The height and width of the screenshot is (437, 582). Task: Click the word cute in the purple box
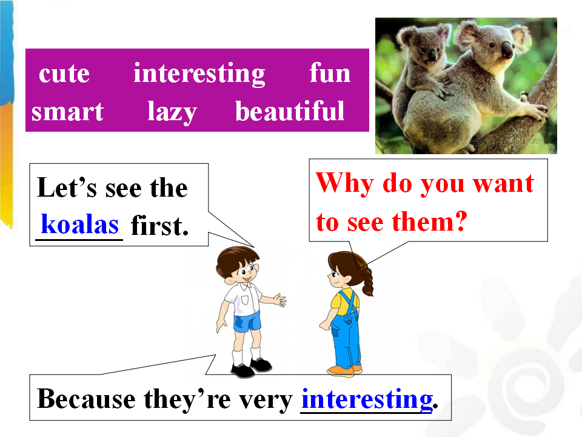tap(64, 73)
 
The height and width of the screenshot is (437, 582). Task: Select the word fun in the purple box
tap(330, 72)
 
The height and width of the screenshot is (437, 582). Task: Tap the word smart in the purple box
tap(67, 112)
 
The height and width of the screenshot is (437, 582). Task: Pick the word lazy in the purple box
tap(172, 112)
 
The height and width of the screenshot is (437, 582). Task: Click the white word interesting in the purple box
tap(199, 74)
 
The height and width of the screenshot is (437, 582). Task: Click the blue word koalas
tap(80, 224)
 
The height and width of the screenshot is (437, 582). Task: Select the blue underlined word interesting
tap(367, 400)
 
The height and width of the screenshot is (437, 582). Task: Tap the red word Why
tap(344, 183)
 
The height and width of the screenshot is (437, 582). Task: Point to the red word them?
tap(429, 222)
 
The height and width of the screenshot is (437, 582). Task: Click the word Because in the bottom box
tap(87, 399)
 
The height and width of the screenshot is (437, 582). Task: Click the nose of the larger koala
tap(506, 49)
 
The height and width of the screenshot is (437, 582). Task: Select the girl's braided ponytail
tap(367, 281)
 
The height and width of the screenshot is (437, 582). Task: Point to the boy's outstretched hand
tap(279, 299)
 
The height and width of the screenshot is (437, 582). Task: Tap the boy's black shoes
tap(251, 367)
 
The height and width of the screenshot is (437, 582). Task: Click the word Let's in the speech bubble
tap(67, 188)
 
